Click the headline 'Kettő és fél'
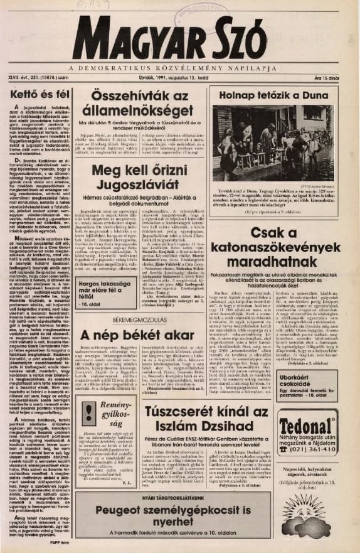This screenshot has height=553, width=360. [x=38, y=94]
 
